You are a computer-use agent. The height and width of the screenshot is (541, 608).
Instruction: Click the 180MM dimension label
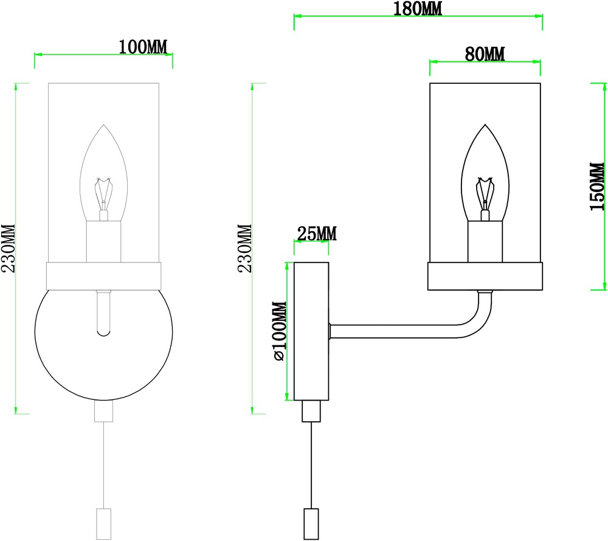pos(418,9)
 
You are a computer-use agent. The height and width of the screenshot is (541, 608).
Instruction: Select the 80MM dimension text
pos(485,54)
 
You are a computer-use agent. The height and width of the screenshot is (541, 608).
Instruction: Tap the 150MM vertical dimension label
pos(597,187)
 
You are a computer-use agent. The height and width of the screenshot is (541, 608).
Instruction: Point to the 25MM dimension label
pos(317,233)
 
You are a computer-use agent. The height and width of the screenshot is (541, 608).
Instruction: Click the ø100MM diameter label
pos(280,331)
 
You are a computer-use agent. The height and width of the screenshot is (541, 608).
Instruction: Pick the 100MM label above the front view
pos(143,47)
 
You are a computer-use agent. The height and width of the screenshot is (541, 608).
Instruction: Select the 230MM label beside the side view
pos(244,249)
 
